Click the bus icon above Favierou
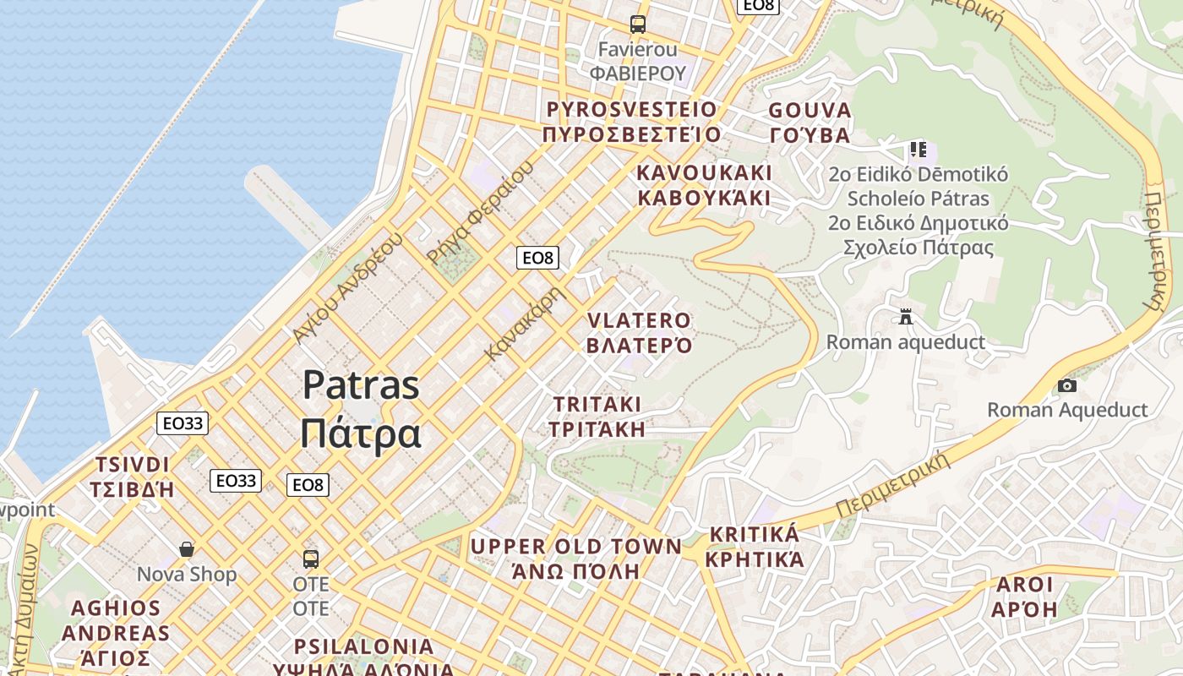pyautogui.click(x=638, y=25)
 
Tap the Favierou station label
pyautogui.click(x=638, y=61)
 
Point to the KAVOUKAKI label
pyautogui.click(x=704, y=185)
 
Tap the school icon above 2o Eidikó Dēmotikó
pyautogui.click(x=919, y=150)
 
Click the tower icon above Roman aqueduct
pyautogui.click(x=906, y=317)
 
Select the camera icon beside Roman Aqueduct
pyautogui.click(x=1067, y=385)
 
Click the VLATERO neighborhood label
pyautogui.click(x=640, y=333)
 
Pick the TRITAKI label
pyautogui.click(x=597, y=416)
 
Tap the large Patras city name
pyautogui.click(x=361, y=409)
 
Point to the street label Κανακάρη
pyautogui.click(x=523, y=324)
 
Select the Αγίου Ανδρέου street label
pyautogui.click(x=347, y=286)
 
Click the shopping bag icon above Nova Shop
pyautogui.click(x=187, y=549)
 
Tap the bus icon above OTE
pyautogui.click(x=311, y=559)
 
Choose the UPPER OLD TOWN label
pyautogui.click(x=575, y=558)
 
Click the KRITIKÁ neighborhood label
pyautogui.click(x=755, y=546)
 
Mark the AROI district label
pyautogui.click(x=1025, y=597)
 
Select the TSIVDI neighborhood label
pyautogui.click(x=132, y=477)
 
